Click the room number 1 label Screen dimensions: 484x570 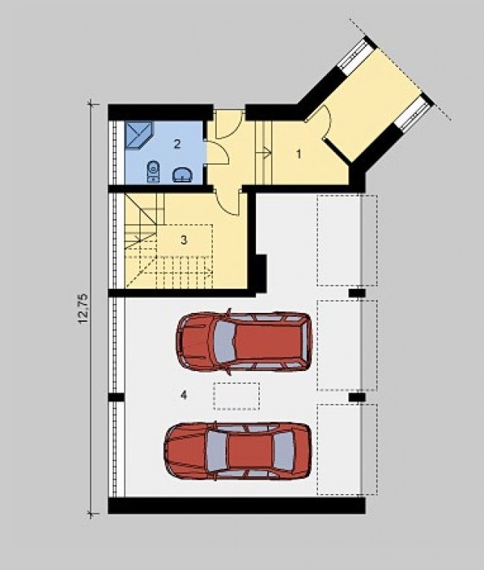299,154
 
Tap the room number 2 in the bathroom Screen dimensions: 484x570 177,144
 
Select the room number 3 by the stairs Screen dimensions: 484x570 184,240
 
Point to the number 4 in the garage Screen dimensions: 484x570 184,395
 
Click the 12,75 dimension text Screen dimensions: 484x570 83,308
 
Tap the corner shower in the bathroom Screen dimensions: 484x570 139,135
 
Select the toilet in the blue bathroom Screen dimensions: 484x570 153,171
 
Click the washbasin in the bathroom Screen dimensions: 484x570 183,175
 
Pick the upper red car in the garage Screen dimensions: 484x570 244,342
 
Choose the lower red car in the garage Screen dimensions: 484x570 238,451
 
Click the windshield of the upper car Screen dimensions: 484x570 224,343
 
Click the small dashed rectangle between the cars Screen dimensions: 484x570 237,396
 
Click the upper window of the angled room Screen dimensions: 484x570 353,54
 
